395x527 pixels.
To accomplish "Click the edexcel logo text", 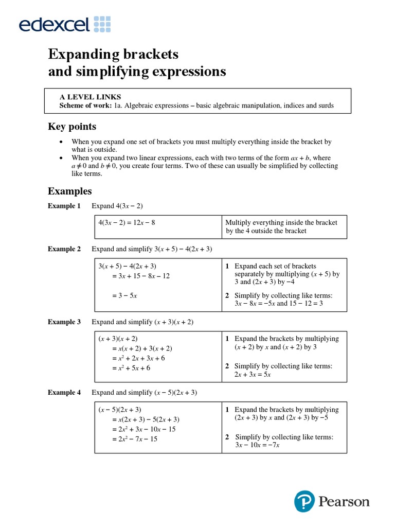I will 54,24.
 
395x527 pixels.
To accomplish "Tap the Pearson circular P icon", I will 304,501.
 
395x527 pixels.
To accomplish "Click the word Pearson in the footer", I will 343,501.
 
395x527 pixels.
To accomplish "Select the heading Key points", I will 71,127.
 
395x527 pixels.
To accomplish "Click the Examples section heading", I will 69,191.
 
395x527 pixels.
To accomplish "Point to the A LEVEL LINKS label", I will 91,97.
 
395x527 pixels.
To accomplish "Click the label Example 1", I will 64,206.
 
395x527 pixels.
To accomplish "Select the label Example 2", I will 64,249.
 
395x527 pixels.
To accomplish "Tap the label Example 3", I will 64,322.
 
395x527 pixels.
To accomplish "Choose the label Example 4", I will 64,393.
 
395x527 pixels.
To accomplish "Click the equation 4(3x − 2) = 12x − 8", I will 127,223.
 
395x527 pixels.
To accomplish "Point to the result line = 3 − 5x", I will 124,295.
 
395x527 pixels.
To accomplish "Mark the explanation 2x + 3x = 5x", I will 253,375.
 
